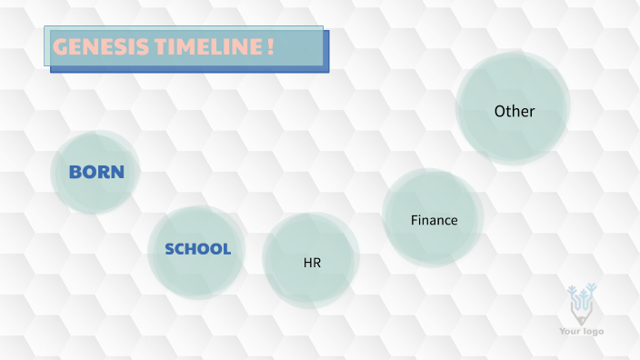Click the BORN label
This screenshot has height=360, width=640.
pyautogui.click(x=96, y=171)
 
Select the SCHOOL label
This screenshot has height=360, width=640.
pyautogui.click(x=197, y=249)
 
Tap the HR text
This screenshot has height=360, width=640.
pyautogui.click(x=312, y=263)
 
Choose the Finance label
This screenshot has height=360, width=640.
pyautogui.click(x=434, y=220)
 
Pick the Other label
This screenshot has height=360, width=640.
pyautogui.click(x=514, y=111)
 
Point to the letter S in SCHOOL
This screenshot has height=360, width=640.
pyautogui.click(x=170, y=249)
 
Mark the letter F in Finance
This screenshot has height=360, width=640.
pyautogui.click(x=415, y=220)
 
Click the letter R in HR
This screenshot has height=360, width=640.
pyautogui.click(x=316, y=263)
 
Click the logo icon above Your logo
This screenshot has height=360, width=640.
pyautogui.click(x=580, y=304)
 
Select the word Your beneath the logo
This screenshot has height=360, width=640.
pyautogui.click(x=571, y=331)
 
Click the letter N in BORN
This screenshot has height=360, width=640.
pyautogui.click(x=117, y=171)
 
